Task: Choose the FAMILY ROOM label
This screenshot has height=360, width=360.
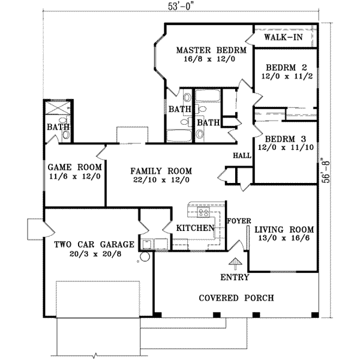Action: click(160, 170)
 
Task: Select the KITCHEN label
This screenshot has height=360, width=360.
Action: click(195, 228)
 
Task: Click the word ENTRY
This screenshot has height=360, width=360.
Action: click(235, 277)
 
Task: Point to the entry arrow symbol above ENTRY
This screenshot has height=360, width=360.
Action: click(235, 263)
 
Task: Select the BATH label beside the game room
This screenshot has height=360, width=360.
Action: click(59, 127)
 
